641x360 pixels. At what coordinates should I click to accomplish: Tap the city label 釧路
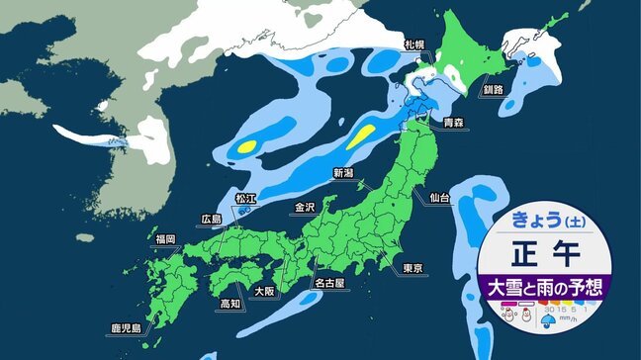(489, 88)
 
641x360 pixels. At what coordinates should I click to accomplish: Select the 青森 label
(453, 124)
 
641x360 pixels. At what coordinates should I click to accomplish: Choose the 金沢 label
(304, 208)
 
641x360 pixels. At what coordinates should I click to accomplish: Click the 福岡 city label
(164, 238)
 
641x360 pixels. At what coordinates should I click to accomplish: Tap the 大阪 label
(263, 292)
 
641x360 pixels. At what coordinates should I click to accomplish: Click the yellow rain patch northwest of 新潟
(363, 135)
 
